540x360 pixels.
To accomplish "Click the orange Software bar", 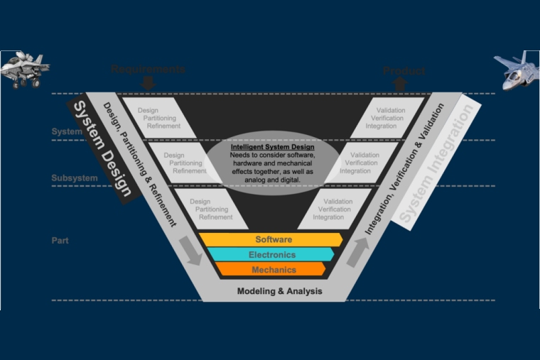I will point(273,239).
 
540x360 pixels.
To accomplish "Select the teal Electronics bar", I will point(271,255).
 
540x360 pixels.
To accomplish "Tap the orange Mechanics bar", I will point(273,270).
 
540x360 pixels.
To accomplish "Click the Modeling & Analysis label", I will point(279,291).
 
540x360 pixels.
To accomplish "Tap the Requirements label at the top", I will point(148,70).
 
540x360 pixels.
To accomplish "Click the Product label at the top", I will point(404,71).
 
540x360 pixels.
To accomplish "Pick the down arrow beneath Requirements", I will point(148,84).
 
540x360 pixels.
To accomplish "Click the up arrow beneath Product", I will point(399,84).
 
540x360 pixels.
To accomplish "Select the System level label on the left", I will point(66,132).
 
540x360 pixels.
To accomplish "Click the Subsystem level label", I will point(74,178).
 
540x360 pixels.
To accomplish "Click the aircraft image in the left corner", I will point(23,70).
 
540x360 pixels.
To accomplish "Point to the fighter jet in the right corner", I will point(516,71).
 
